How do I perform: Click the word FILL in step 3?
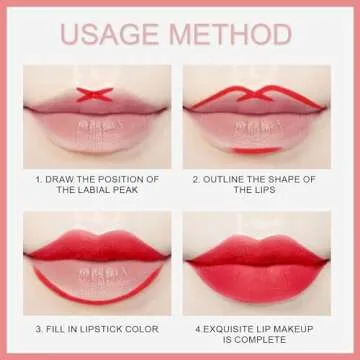pyautogui.click(x=61, y=325)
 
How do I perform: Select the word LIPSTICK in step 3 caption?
pyautogui.click(x=100, y=325)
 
